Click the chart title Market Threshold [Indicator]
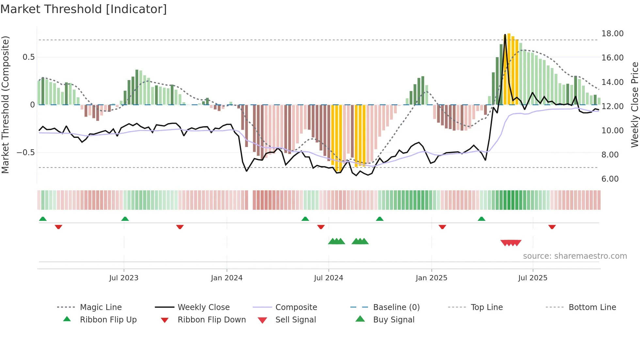pos(84,9)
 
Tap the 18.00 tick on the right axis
pos(612,34)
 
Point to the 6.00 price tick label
pos(610,179)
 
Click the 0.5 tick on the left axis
pos(28,57)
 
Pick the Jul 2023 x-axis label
pos(124,278)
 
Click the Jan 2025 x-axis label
pos(431,278)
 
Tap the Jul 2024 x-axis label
pos(328,278)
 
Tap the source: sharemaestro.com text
pos(575,256)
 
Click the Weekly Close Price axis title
pos(634,105)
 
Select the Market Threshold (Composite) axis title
pos(5,105)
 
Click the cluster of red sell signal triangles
pos(511,243)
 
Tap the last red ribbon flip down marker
pos(552,227)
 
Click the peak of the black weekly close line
pos(505,34)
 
